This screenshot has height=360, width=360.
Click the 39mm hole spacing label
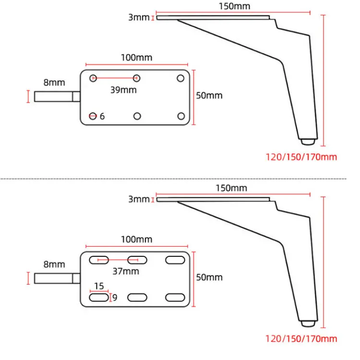[123, 90]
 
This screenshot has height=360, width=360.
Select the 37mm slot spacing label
[126, 271]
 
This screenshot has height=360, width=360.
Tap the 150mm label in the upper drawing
[234, 6]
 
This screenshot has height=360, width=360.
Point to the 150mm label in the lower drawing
[231, 188]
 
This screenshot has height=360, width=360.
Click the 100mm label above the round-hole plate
[137, 58]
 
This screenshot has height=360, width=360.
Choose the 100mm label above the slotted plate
[137, 240]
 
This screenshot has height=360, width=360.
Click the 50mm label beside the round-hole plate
[209, 96]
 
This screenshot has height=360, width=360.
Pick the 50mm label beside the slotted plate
[209, 277]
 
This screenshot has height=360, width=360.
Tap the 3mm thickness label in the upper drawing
[139, 17]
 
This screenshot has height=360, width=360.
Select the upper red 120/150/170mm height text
[301, 157]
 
